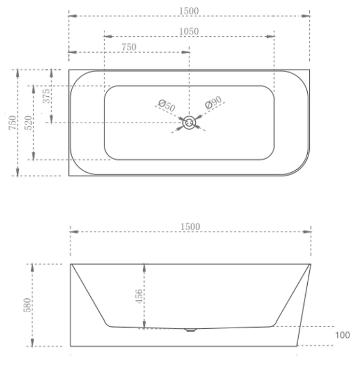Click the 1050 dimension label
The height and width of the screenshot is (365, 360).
pos(189,31)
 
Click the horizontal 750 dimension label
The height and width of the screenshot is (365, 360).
pos(129,47)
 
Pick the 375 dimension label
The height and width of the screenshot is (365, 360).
pos(46,96)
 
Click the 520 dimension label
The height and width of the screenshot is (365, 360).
pos(28,123)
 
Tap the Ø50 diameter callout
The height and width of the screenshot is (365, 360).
pos(167,105)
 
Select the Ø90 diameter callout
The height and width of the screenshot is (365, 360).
pos(213,102)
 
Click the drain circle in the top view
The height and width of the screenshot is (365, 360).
pos(189,123)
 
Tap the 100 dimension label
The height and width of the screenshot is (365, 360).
pos(343,335)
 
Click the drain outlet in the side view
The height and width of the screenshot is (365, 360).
pos(190,330)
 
